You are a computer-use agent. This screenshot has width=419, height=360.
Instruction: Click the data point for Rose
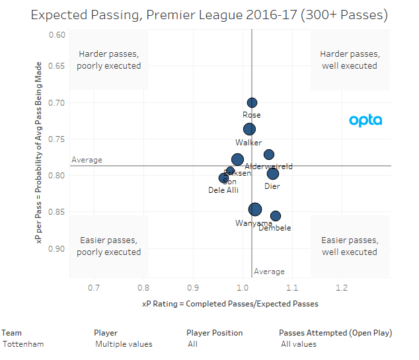(x=252, y=102)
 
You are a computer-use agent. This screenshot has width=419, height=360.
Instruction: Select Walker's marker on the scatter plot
(x=249, y=129)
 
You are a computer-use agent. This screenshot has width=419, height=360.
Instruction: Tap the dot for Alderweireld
(x=269, y=155)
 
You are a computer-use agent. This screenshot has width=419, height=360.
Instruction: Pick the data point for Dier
(x=273, y=174)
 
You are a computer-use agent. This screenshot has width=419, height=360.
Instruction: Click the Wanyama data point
(x=255, y=209)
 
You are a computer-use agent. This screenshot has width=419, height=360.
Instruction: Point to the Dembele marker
(x=276, y=216)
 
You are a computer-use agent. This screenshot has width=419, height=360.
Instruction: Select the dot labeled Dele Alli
(x=223, y=178)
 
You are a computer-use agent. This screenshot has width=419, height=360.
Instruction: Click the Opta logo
(x=365, y=121)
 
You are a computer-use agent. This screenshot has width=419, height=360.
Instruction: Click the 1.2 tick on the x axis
(x=342, y=288)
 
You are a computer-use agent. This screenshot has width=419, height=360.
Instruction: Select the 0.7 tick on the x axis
(x=94, y=288)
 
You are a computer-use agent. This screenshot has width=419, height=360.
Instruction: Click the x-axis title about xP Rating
(x=230, y=304)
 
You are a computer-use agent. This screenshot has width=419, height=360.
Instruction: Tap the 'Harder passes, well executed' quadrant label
(x=349, y=59)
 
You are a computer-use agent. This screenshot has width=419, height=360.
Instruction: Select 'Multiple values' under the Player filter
(x=124, y=344)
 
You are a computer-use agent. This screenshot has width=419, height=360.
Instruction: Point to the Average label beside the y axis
(x=86, y=160)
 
